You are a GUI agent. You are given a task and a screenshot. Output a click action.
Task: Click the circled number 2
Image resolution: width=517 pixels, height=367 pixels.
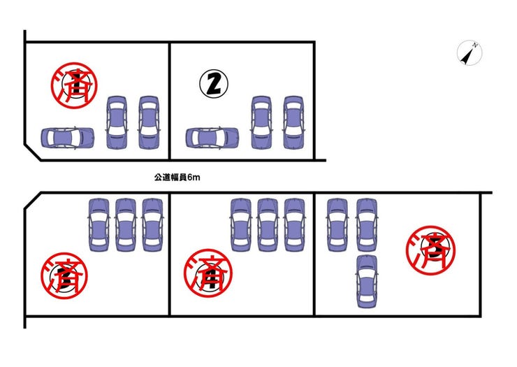click(x=214, y=83)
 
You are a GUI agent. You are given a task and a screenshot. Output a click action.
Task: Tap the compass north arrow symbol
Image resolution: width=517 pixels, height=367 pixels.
click(x=469, y=53)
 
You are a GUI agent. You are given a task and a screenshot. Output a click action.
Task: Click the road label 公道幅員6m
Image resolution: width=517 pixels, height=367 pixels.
click(x=177, y=178)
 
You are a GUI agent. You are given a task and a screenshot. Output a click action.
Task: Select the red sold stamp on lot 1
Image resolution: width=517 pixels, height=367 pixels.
click(x=74, y=85)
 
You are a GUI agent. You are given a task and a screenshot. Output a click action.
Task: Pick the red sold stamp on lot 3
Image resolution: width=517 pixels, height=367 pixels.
click(x=64, y=275)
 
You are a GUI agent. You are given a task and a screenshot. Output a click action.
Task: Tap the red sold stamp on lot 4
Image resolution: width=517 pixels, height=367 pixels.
click(x=208, y=273)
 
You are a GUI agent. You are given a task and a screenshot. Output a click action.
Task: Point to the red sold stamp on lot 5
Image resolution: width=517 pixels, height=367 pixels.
click(x=430, y=250)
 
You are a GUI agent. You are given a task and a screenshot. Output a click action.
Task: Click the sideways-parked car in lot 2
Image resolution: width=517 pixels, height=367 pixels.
click(x=212, y=138)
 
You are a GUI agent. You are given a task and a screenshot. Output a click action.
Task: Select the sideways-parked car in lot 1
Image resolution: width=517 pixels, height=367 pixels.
click(x=68, y=138)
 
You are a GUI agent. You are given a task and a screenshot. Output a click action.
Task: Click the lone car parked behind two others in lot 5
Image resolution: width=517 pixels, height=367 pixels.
click(x=367, y=281)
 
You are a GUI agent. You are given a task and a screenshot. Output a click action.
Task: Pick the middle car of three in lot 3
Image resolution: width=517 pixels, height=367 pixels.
click(x=126, y=225)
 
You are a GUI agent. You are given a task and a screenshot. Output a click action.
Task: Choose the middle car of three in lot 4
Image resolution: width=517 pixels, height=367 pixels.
click(x=268, y=225)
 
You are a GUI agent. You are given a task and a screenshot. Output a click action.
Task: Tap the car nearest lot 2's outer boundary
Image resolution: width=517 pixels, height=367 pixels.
click(x=293, y=122)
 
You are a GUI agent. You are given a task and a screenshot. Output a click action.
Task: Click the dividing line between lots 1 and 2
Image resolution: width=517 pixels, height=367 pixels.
click(x=170, y=101)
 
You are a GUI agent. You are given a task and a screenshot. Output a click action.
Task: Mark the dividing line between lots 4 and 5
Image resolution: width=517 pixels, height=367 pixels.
click(x=314, y=254)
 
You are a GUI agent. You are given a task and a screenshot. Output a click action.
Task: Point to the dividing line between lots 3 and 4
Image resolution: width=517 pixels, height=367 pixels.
click(x=170, y=254)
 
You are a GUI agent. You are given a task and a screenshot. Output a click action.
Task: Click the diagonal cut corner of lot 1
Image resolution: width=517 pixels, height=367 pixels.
click(x=32, y=152)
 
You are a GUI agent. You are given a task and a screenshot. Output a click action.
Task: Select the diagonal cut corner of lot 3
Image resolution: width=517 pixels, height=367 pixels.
click(x=32, y=201)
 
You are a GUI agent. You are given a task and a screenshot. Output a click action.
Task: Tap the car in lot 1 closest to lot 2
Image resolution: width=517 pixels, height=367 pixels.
click(x=149, y=122)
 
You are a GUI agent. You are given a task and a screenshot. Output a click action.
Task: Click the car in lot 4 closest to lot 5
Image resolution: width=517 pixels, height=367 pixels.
click(x=294, y=225)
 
